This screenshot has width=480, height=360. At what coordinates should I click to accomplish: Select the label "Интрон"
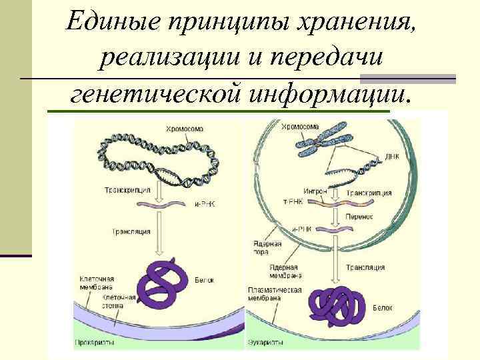(x=314, y=191)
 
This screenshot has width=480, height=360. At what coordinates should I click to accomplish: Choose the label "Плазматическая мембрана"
(x=275, y=294)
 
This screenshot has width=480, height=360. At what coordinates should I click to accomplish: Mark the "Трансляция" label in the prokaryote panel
(x=131, y=231)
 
